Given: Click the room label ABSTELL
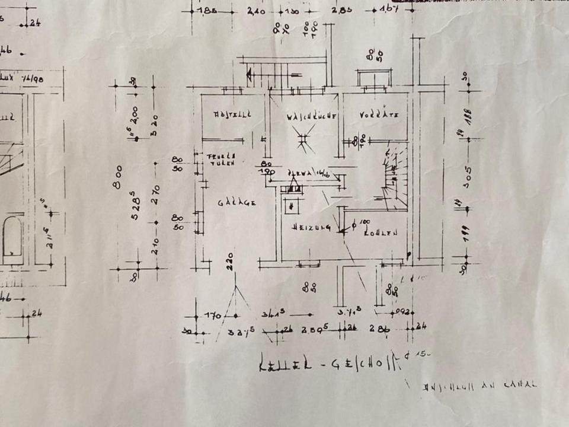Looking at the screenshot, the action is (232, 114).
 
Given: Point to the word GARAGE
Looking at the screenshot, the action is (236, 203).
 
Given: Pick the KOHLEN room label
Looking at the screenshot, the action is (381, 233).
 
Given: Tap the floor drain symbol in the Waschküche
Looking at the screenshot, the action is (304, 140).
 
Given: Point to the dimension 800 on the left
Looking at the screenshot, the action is (118, 177).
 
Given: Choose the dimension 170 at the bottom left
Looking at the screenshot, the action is (213, 315).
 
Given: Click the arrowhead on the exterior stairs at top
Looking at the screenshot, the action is (251, 74).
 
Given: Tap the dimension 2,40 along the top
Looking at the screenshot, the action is (255, 11).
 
